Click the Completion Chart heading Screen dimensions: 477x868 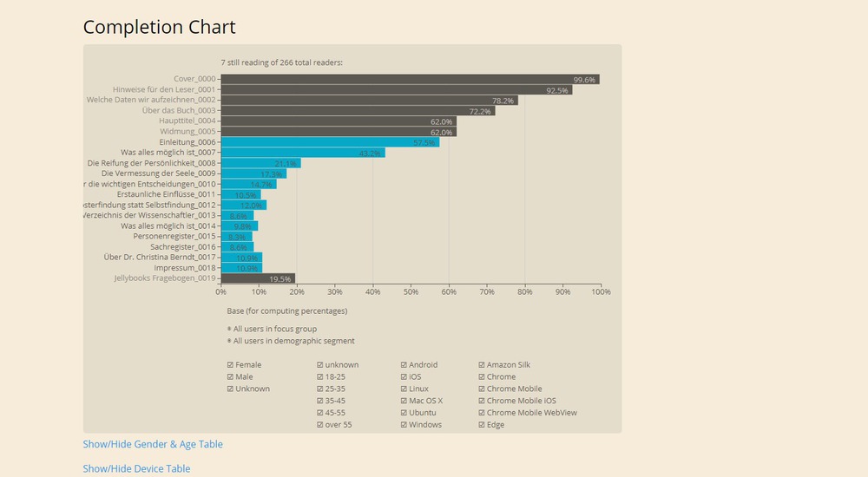159,27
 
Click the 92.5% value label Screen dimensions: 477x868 557,90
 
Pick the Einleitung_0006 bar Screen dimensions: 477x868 330,142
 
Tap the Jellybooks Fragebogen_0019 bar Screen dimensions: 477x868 258,278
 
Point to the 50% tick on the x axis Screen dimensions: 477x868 411,291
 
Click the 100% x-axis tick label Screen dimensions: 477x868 601,291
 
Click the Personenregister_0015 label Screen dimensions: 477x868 174,236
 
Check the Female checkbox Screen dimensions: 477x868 230,365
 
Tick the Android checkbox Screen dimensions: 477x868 404,365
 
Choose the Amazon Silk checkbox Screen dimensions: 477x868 483,365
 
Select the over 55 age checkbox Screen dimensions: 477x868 320,425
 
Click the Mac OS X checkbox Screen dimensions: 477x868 404,401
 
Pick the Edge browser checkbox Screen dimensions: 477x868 483,425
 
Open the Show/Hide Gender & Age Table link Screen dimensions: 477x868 153,444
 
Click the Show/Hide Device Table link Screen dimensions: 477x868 136,468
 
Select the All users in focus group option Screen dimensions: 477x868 229,330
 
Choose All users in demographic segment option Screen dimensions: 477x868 229,341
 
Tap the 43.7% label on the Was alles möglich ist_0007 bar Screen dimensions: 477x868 370,154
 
